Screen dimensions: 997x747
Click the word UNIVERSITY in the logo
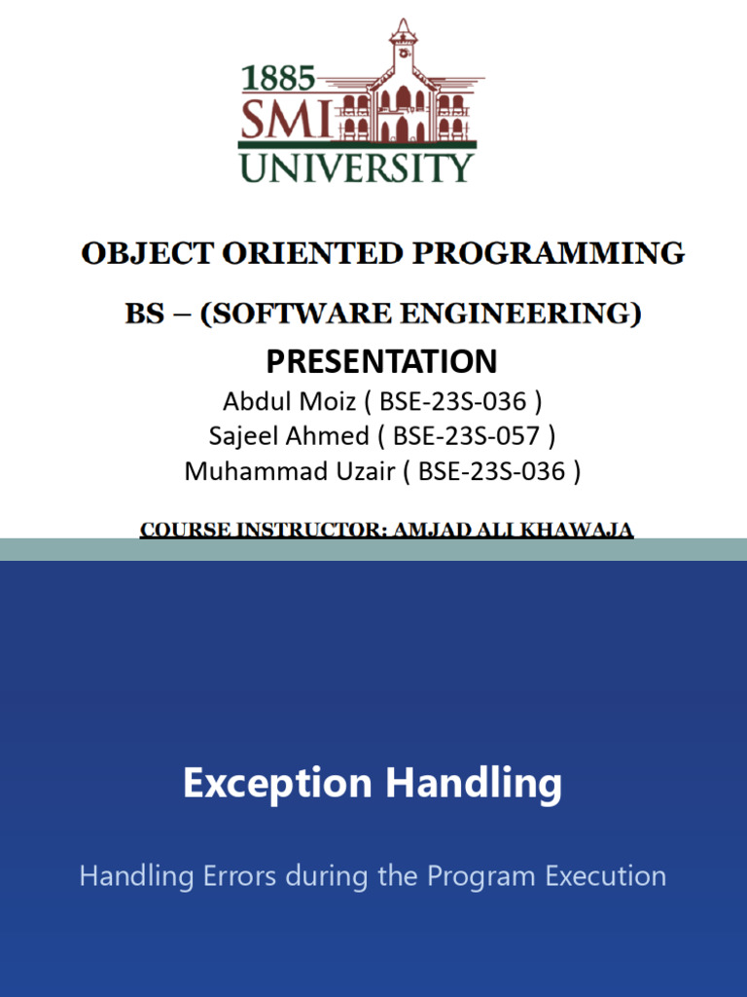click(x=356, y=166)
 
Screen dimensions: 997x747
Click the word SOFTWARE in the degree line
click(x=300, y=314)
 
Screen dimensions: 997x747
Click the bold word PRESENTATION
click(x=381, y=361)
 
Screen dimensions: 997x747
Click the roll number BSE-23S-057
click(x=466, y=435)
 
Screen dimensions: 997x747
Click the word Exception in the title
click(x=277, y=784)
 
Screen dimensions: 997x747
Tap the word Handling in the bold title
click(x=474, y=784)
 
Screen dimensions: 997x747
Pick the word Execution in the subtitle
click(x=605, y=875)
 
